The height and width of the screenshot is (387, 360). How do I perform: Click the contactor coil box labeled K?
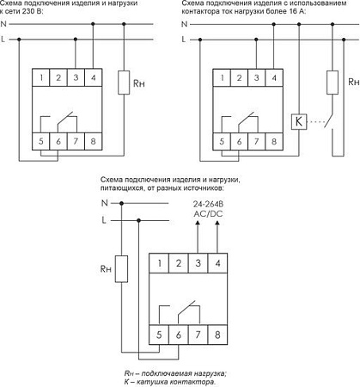(299, 121)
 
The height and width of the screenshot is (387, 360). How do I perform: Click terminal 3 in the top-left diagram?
(76, 77)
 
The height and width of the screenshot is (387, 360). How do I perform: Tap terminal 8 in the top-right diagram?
(274, 141)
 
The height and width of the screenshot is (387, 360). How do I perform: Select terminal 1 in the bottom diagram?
(159, 263)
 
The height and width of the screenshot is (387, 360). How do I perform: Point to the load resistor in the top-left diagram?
(124, 83)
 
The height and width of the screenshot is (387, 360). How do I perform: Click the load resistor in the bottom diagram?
(121, 269)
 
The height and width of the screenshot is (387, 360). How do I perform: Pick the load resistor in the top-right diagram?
(333, 83)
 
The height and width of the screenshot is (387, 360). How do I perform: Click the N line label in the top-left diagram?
(3, 24)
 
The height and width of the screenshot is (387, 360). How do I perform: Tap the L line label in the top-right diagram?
(184, 39)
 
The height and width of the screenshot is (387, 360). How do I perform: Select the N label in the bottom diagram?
(105, 203)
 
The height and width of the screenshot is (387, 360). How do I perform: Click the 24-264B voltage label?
(208, 204)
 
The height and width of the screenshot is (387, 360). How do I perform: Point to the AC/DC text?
(208, 214)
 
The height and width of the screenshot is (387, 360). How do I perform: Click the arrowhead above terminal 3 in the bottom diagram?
(198, 223)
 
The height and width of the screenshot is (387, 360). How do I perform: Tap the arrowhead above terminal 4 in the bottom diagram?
(217, 223)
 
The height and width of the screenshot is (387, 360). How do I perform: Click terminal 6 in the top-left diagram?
(58, 141)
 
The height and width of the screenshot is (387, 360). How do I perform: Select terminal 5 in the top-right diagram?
(222, 141)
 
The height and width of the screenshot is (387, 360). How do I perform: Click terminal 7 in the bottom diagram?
(198, 335)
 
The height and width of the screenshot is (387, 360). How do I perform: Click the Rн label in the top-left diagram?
(139, 83)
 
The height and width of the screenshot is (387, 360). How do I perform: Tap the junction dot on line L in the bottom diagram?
(139, 220)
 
